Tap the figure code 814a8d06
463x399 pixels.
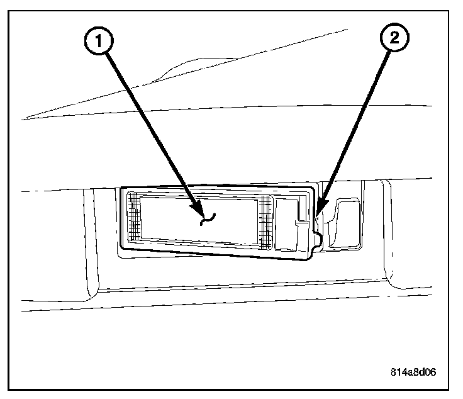tap(412, 371)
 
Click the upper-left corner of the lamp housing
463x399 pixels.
tap(121, 188)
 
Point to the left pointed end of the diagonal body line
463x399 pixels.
tap(23, 118)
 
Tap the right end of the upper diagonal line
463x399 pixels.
tap(348, 29)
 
